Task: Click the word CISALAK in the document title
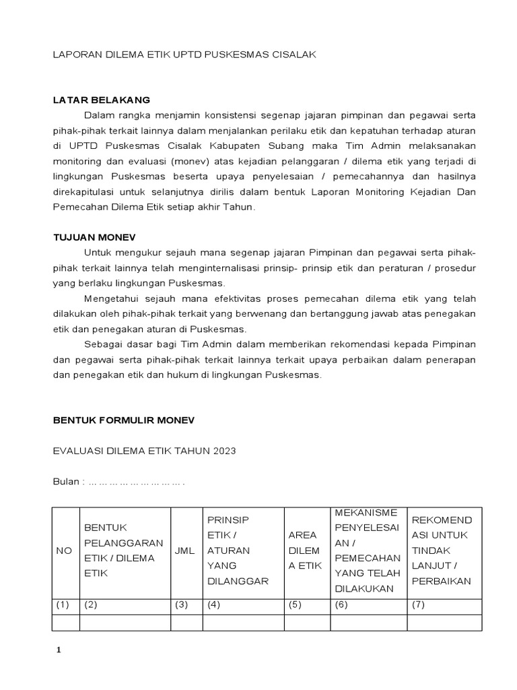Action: (291, 55)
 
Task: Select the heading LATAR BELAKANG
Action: (102, 100)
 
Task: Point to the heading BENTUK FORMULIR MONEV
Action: (123, 420)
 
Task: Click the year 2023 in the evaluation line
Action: (223, 451)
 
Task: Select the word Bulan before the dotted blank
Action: (65, 482)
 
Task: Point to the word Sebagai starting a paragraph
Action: (102, 344)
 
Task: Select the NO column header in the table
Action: (64, 551)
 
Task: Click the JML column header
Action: (184, 551)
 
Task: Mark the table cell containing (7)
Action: (444, 604)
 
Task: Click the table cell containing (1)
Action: (65, 604)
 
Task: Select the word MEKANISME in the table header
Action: (366, 513)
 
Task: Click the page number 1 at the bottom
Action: (58, 650)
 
